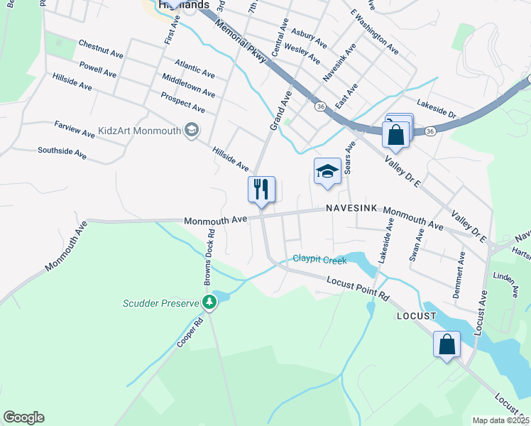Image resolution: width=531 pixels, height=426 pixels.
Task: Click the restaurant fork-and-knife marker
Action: click(261, 190)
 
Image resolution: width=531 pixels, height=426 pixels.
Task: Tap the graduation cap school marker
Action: click(327, 171)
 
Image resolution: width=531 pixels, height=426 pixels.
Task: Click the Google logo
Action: click(23, 417)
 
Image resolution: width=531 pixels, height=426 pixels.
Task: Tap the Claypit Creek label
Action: click(320, 260)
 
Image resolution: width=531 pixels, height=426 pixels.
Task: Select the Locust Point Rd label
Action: click(358, 288)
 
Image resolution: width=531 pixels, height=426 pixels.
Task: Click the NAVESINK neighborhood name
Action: click(351, 209)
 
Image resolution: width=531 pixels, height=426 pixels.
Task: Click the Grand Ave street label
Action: click(280, 109)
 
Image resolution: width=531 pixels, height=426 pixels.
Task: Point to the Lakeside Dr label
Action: click(436, 103)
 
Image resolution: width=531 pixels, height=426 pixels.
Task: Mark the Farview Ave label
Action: click(75, 129)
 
